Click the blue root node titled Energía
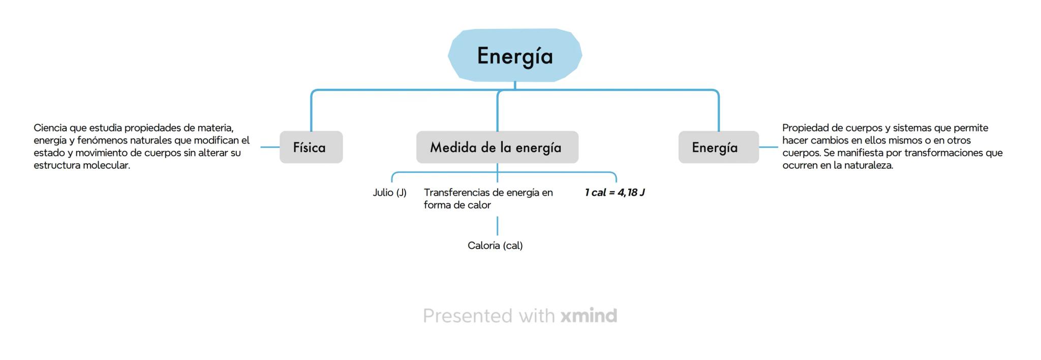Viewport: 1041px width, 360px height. click(x=515, y=55)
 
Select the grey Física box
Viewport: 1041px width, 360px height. click(x=311, y=147)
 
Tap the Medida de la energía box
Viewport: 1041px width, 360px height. click(x=497, y=147)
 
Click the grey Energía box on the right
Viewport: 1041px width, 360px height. click(x=718, y=147)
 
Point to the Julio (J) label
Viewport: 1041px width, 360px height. click(x=389, y=193)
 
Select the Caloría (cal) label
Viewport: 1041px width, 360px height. click(x=495, y=246)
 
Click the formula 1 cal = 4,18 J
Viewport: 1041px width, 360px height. click(x=615, y=193)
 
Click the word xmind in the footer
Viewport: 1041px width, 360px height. click(x=589, y=316)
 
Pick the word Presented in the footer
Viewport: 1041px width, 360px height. click(x=468, y=316)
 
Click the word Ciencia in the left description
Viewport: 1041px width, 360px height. click(x=50, y=128)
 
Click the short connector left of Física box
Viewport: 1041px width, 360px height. click(x=270, y=147)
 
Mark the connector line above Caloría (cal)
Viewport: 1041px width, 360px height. click(x=497, y=226)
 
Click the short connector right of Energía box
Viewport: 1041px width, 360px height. click(x=769, y=147)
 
